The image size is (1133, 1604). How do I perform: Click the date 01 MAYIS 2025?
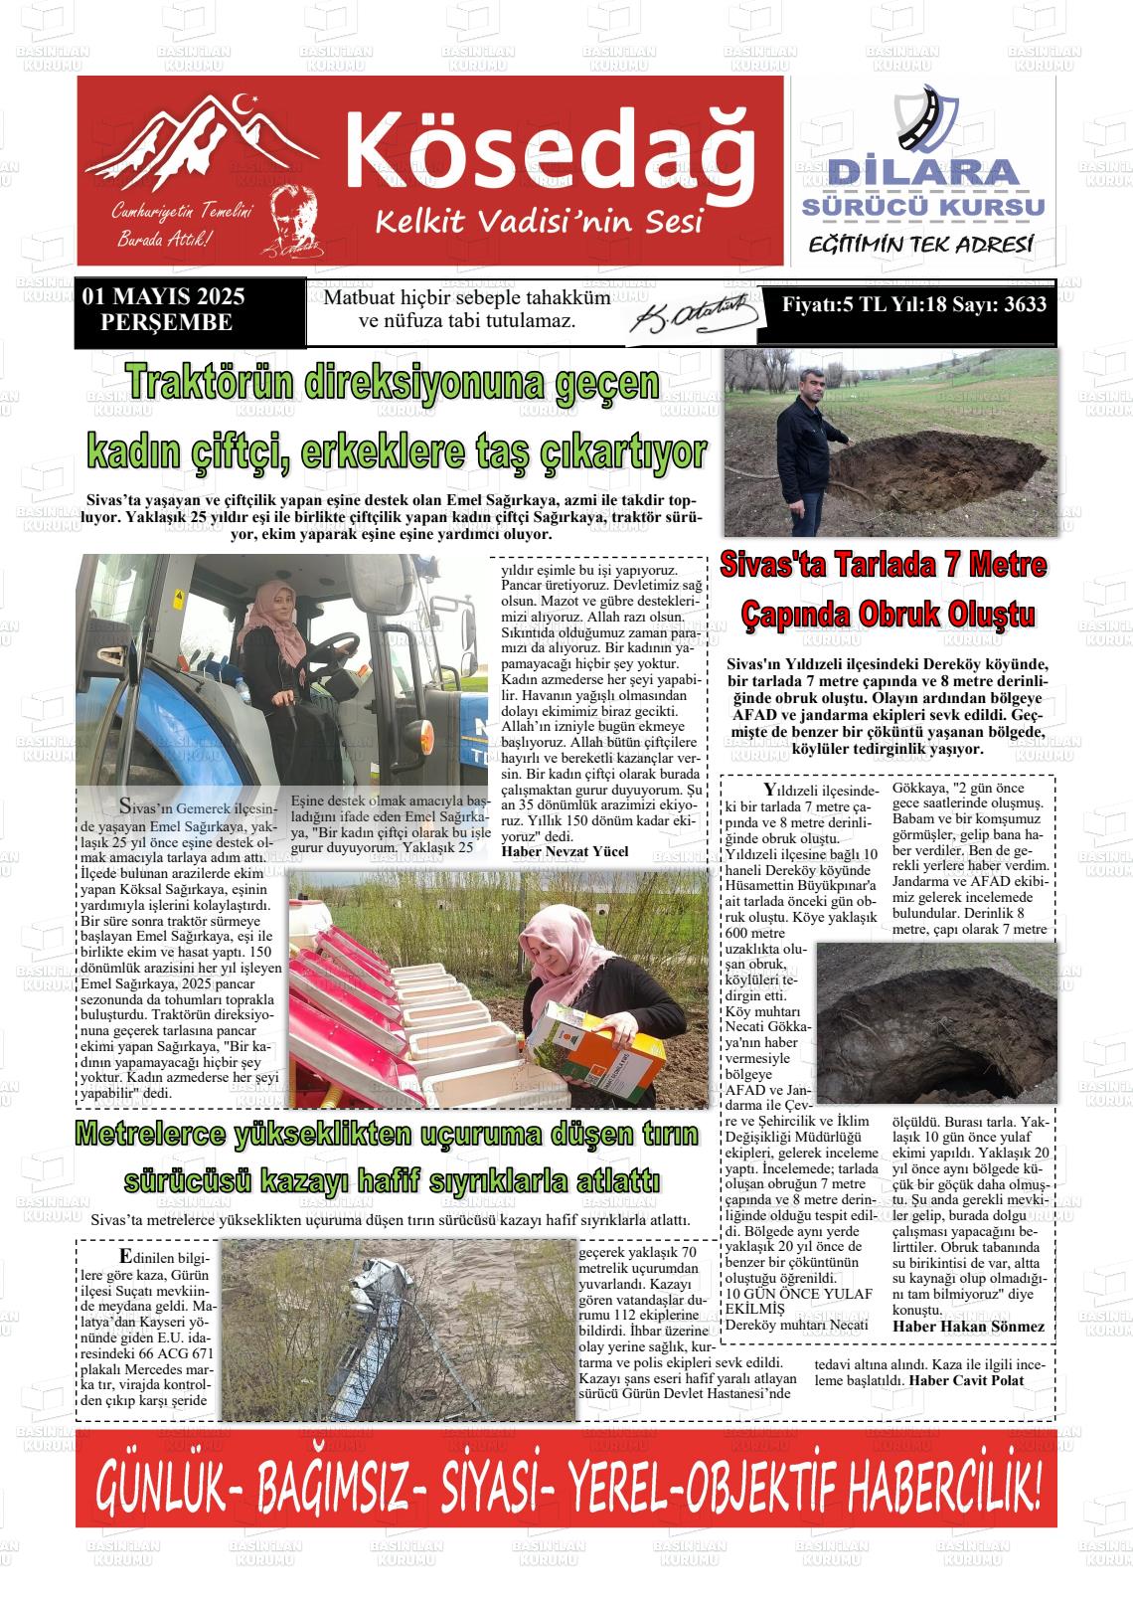pyautogui.click(x=164, y=297)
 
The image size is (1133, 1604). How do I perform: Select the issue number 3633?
pyautogui.click(x=1025, y=305)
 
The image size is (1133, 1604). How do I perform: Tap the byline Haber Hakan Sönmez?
pyautogui.click(x=968, y=1327)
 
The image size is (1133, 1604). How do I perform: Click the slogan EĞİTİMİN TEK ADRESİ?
pyautogui.click(x=920, y=245)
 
